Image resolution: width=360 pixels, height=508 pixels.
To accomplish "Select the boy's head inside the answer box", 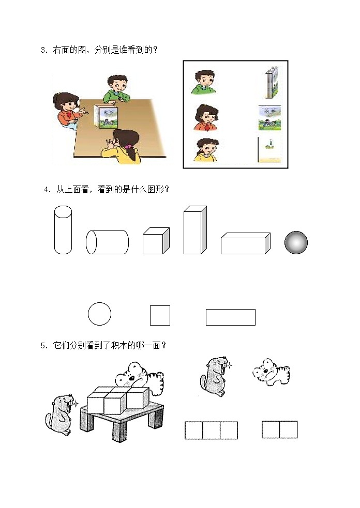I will (204, 82).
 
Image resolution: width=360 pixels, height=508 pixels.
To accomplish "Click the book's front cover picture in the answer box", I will (269, 118).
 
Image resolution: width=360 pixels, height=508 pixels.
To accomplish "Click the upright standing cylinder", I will (63, 229).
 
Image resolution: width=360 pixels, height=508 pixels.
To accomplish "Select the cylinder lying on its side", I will (107, 242).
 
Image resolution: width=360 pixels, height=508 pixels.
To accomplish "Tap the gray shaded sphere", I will (296, 242).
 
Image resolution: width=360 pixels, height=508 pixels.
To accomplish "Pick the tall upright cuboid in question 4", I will (194, 230).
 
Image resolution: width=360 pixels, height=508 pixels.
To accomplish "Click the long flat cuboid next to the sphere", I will (245, 243).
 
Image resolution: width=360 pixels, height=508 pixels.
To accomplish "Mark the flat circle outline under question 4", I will (99, 314).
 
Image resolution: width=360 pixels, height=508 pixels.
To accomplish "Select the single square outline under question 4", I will (160, 315).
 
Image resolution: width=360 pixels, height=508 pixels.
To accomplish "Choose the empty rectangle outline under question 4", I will (230, 317).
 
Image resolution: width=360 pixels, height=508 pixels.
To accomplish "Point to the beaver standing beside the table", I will (62, 413).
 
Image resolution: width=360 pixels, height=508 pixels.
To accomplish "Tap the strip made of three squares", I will (211, 430).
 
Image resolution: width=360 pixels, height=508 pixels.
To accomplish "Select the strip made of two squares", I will (279, 429).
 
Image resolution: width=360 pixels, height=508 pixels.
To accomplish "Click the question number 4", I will (47, 190).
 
